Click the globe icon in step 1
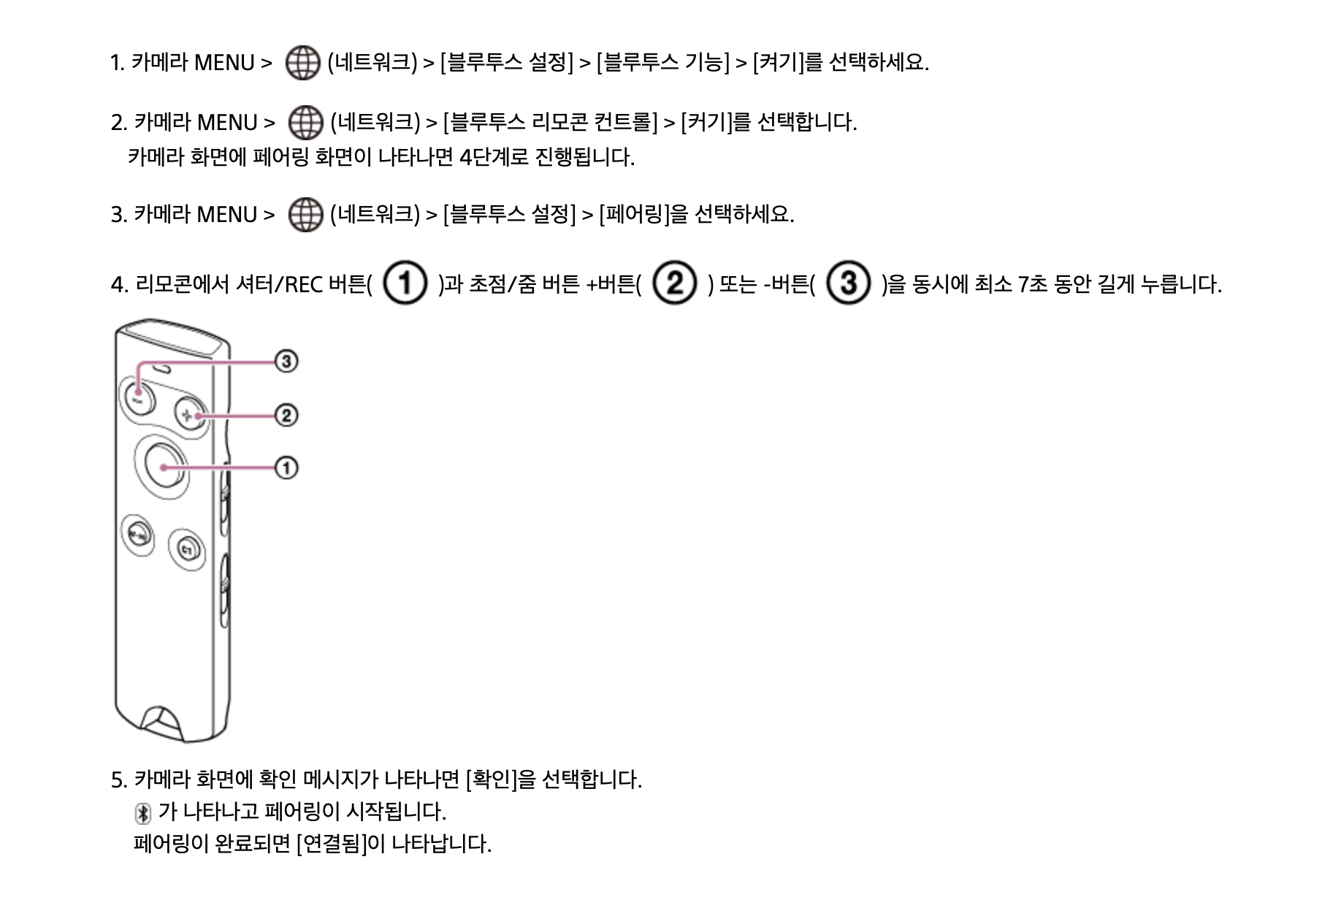[302, 63]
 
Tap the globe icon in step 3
[305, 215]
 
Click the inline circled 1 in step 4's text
[405, 283]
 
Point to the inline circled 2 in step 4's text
[675, 283]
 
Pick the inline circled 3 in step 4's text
[848, 283]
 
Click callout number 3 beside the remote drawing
[286, 361]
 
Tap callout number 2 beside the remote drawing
[286, 416]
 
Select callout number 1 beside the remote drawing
[286, 468]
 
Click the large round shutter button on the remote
[165, 467]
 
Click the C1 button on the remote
[187, 549]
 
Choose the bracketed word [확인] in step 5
[491, 780]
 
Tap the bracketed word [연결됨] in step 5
[332, 844]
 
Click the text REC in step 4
[304, 284]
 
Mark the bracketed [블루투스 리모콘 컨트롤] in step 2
[551, 123]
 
